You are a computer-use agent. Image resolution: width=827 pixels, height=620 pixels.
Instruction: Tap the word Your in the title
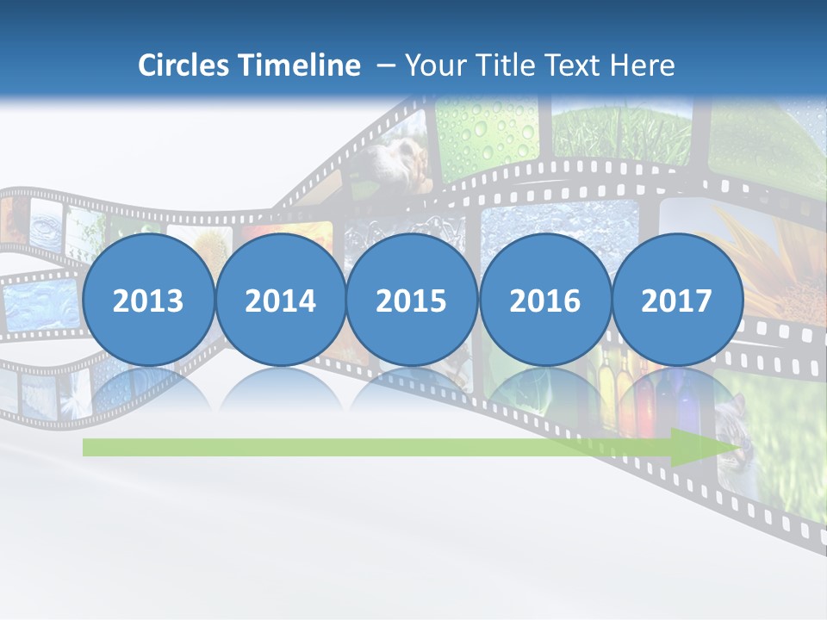click(435, 65)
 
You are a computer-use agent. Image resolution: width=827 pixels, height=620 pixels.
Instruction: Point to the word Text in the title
click(574, 65)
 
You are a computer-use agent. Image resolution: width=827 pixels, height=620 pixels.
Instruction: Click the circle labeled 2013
click(148, 301)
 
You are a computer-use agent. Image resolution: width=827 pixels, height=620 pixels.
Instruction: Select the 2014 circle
click(280, 301)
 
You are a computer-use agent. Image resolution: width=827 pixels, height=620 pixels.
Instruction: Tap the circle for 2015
click(412, 301)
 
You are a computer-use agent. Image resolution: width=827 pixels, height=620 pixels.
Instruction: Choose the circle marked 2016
click(544, 301)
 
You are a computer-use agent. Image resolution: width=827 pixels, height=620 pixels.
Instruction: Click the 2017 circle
click(676, 301)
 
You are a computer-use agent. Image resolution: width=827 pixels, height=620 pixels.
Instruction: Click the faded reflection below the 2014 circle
click(280, 391)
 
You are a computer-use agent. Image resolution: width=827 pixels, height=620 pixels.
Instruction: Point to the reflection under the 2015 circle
click(412, 391)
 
